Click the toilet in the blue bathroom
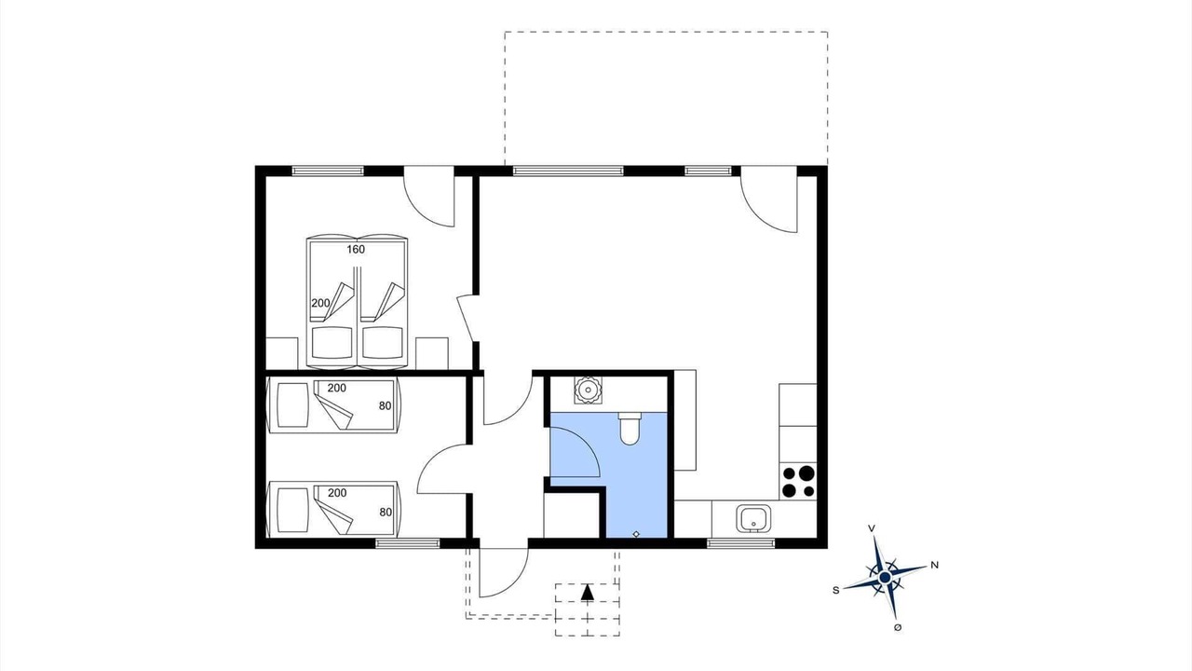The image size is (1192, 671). (x=630, y=428)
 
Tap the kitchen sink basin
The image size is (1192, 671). (x=753, y=519)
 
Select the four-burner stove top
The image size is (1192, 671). (x=798, y=481)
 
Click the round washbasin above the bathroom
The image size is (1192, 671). (x=588, y=390)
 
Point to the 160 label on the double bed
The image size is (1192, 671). (x=356, y=249)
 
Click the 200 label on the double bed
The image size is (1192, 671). (x=320, y=303)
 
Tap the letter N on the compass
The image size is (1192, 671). (x=934, y=565)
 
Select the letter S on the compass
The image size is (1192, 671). (x=836, y=590)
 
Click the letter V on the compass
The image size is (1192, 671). (x=872, y=528)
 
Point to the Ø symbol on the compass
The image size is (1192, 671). (x=898, y=627)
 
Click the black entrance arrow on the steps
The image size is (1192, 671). (x=588, y=592)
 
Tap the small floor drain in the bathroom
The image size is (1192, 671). (x=636, y=534)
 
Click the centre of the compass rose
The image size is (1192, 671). (x=885, y=577)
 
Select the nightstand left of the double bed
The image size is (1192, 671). (x=281, y=353)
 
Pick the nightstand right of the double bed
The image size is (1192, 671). (x=431, y=353)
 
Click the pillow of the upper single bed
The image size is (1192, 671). (x=292, y=404)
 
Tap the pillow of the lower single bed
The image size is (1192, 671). (x=292, y=510)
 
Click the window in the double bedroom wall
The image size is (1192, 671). (x=328, y=171)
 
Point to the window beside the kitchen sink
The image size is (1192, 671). (x=740, y=543)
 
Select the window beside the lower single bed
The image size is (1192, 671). (x=408, y=543)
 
